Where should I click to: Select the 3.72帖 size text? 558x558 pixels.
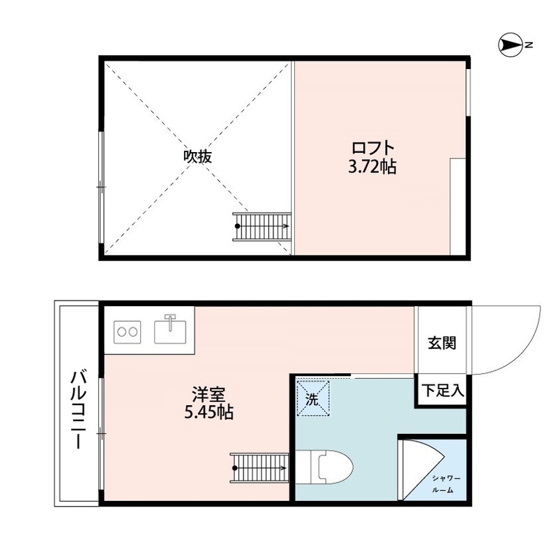[x=372, y=167]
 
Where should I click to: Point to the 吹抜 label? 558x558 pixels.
[x=197, y=156]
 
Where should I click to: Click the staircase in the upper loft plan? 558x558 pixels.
[x=262, y=227]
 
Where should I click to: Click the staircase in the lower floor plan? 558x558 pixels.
[x=259, y=468]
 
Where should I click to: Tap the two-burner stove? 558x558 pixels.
[x=128, y=332]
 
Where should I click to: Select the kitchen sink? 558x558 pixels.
[x=170, y=330]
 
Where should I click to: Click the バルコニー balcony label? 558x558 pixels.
[x=78, y=409]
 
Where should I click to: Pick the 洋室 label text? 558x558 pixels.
[x=208, y=394]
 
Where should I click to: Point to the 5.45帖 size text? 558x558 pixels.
[x=209, y=412]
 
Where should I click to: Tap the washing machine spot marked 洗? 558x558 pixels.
[x=313, y=398]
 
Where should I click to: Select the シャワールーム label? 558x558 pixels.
[x=446, y=484]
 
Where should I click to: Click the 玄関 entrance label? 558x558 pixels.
[x=442, y=343]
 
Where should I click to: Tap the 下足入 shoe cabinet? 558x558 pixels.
[x=442, y=391]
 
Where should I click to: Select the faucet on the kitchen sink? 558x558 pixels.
[x=170, y=321]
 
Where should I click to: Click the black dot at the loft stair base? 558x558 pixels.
[x=237, y=226]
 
